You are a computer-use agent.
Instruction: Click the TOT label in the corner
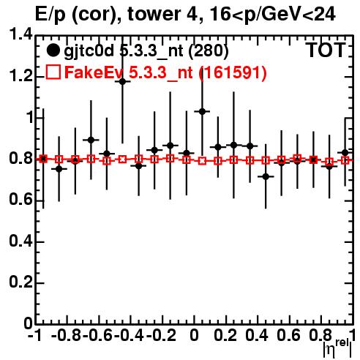tap(326, 50)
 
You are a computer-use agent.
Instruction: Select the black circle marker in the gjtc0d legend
tap(53, 50)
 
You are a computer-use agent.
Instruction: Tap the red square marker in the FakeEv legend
tap(53, 72)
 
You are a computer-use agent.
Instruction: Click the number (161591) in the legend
tap(233, 72)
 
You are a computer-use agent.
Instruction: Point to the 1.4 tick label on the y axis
tap(20, 35)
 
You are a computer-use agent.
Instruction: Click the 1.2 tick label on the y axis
tap(20, 76)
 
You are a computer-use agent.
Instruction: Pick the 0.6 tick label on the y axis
tap(20, 200)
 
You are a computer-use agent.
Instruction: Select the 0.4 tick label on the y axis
tap(20, 241)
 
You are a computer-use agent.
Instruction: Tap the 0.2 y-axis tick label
tap(20, 282)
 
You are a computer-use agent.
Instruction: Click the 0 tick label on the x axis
tap(194, 335)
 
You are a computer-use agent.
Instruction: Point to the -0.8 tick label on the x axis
tap(67, 335)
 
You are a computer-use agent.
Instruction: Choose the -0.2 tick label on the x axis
tap(162, 335)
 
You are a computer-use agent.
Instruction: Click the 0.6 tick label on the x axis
tap(288, 335)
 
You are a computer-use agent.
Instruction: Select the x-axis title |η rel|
tap(338, 349)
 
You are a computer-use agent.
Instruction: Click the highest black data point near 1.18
tap(122, 81)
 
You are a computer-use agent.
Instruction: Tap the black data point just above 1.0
tap(202, 111)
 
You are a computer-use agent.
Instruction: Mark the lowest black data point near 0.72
tap(266, 176)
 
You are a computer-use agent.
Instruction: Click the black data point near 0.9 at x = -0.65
tap(91, 140)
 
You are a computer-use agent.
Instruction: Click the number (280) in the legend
tap(209, 51)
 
